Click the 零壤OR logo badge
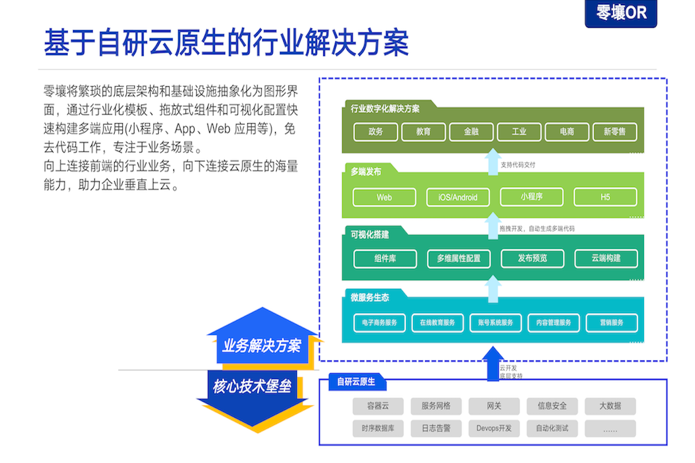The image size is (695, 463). pyautogui.click(x=621, y=13)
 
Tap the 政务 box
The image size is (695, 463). pyautogui.click(x=376, y=131)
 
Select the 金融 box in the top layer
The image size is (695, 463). pyautogui.click(x=471, y=131)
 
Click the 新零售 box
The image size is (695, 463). pyautogui.click(x=614, y=131)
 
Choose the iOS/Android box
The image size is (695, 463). pyautogui.click(x=458, y=197)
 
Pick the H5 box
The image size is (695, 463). pyautogui.click(x=605, y=197)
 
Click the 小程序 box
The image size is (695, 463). pyautogui.click(x=531, y=197)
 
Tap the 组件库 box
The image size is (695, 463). pyautogui.click(x=385, y=259)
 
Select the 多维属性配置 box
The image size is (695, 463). pyautogui.click(x=459, y=259)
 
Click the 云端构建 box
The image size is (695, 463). pyautogui.click(x=606, y=258)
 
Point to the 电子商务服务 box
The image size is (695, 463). pyautogui.click(x=380, y=322)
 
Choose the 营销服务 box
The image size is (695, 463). pyautogui.click(x=612, y=322)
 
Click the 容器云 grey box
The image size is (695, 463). pyautogui.click(x=378, y=406)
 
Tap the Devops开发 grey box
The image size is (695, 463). pyautogui.click(x=494, y=428)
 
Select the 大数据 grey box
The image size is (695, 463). pyautogui.click(x=610, y=406)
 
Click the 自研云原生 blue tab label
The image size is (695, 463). pyautogui.click(x=356, y=382)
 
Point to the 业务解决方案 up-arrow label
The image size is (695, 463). pyautogui.click(x=262, y=346)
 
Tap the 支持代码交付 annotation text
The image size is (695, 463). pyautogui.click(x=518, y=165)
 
